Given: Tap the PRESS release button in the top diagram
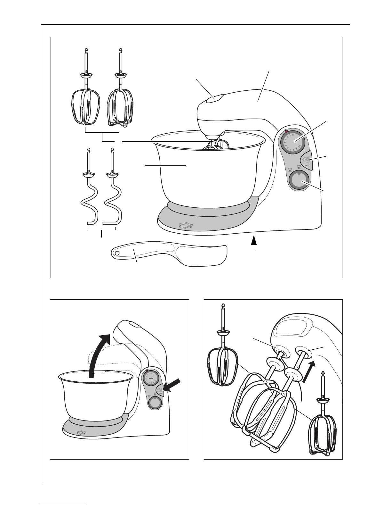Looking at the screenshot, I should [x=307, y=159].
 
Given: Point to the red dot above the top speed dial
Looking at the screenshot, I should [x=286, y=131].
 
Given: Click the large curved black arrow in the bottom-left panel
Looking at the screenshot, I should [x=98, y=356].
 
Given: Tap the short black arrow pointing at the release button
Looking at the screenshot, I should [x=173, y=386].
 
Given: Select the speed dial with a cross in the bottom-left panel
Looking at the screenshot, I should [x=150, y=379].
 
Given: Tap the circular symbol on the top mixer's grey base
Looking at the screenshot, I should [x=186, y=226].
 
